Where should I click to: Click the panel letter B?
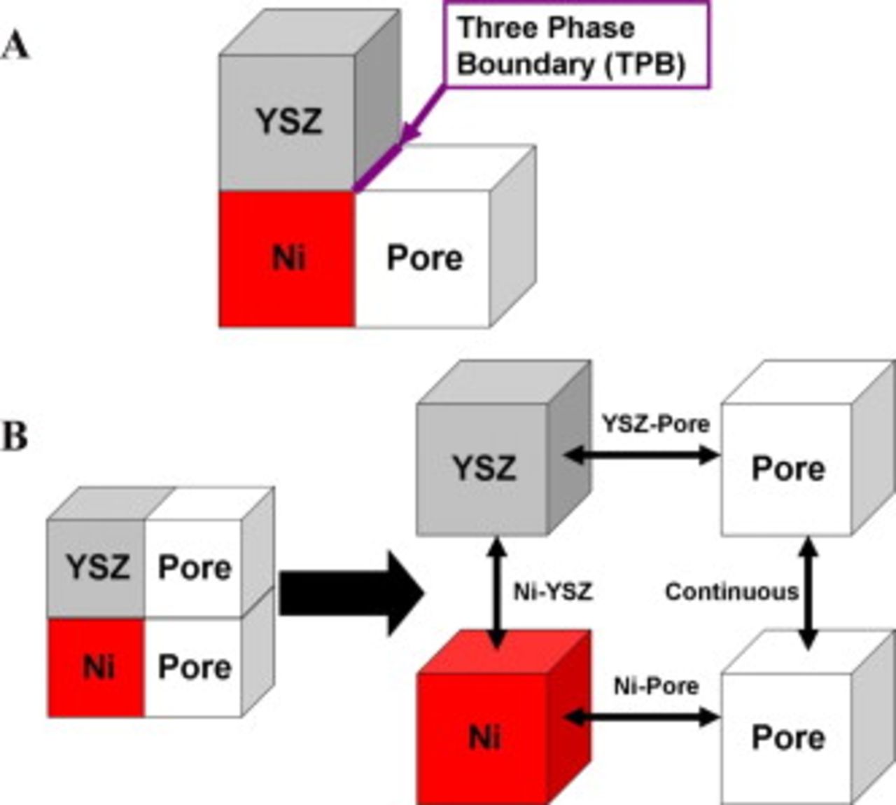coord(15,436)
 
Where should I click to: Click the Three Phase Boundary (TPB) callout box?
coord(576,46)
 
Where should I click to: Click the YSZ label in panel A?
coord(288,122)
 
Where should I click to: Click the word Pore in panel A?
coord(424,258)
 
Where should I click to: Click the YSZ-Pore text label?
coord(655,424)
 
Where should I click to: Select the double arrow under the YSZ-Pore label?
coord(640,455)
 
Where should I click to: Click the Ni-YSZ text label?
coord(553,592)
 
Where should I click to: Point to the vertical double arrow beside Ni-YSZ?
coord(498,592)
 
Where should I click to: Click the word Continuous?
coord(731,592)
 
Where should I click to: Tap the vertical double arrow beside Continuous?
coord(808,592)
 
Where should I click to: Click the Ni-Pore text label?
coord(656,686)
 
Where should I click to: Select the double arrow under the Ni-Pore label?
coord(640,717)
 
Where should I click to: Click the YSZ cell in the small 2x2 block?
coord(98,567)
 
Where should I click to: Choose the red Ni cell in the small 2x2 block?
coord(98,667)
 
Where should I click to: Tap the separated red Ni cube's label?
coord(484,737)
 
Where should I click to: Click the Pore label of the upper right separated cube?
coord(787,468)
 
